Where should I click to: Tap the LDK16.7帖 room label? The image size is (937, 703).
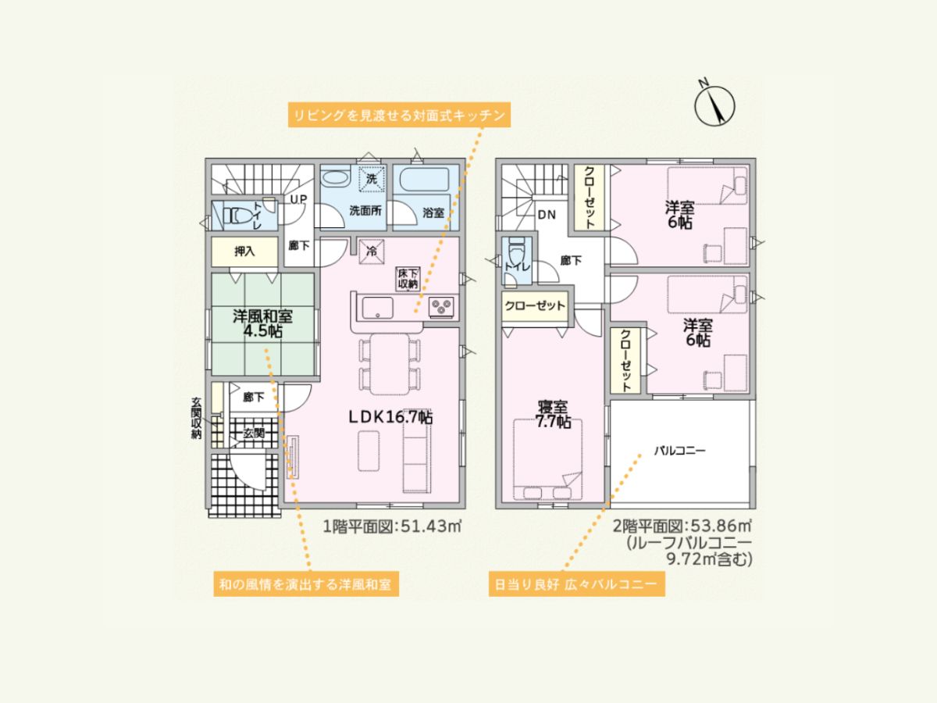391,417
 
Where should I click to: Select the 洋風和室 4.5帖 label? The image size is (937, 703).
262,323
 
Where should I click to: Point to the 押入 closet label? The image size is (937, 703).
244,252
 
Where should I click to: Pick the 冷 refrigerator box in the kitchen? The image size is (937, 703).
372,252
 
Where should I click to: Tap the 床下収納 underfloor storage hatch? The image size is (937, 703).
408,279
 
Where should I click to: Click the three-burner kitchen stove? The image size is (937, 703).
441,306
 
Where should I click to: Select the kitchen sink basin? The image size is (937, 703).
377,308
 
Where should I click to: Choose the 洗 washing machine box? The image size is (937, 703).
372,179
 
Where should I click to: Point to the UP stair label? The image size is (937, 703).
299,199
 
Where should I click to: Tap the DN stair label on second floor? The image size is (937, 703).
547,215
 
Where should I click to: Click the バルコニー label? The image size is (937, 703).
680,451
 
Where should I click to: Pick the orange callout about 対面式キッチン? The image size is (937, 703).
399,115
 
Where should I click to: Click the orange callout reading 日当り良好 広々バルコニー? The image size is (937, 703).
577,584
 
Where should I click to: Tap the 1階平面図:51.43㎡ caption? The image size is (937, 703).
392,526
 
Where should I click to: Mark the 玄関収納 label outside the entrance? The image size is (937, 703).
196,418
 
